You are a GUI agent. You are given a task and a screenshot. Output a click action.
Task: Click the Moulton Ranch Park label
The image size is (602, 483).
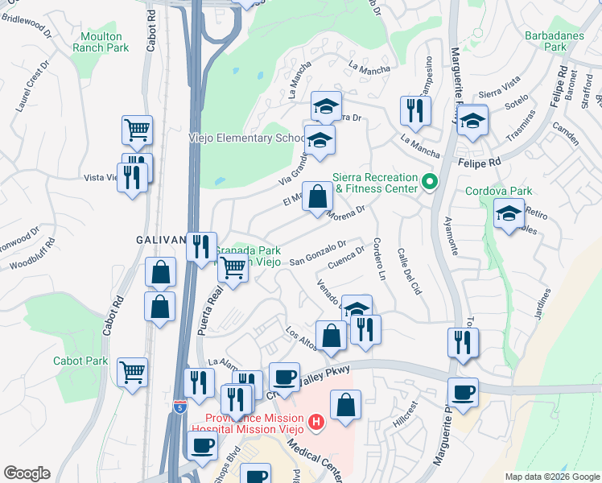click(101, 42)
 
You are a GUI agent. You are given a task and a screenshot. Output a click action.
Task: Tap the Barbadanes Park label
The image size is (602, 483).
click(545, 42)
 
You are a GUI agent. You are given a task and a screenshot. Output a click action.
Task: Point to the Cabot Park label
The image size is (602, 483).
click(80, 361)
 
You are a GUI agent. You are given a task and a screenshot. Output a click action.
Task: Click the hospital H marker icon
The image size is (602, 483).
click(317, 421)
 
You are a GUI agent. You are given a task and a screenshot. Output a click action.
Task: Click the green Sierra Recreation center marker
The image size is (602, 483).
click(430, 183)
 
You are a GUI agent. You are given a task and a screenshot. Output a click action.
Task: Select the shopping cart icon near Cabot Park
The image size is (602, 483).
click(132, 372)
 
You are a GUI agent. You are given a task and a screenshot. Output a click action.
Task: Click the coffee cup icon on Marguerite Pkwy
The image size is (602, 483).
click(463, 392)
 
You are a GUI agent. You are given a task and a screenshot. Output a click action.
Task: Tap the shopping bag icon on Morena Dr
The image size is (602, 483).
click(319, 196)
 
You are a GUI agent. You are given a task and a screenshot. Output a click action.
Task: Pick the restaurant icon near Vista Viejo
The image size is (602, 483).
click(131, 177)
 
